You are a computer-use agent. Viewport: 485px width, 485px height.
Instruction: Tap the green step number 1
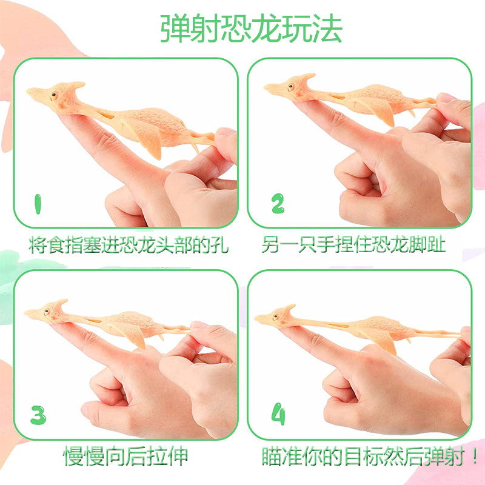(x=38, y=205)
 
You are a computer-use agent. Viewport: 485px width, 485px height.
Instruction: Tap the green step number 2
(x=277, y=205)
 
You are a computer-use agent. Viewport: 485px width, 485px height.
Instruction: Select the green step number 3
(x=38, y=415)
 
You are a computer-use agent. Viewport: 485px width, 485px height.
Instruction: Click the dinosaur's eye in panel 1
(x=53, y=96)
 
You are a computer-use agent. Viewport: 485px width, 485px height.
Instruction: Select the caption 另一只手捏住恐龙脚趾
(x=354, y=244)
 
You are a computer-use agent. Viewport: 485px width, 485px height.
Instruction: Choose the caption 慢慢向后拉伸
(x=125, y=455)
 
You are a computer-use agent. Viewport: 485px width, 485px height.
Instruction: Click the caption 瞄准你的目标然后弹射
(x=364, y=455)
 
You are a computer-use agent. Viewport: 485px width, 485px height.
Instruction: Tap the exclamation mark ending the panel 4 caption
(x=472, y=455)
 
